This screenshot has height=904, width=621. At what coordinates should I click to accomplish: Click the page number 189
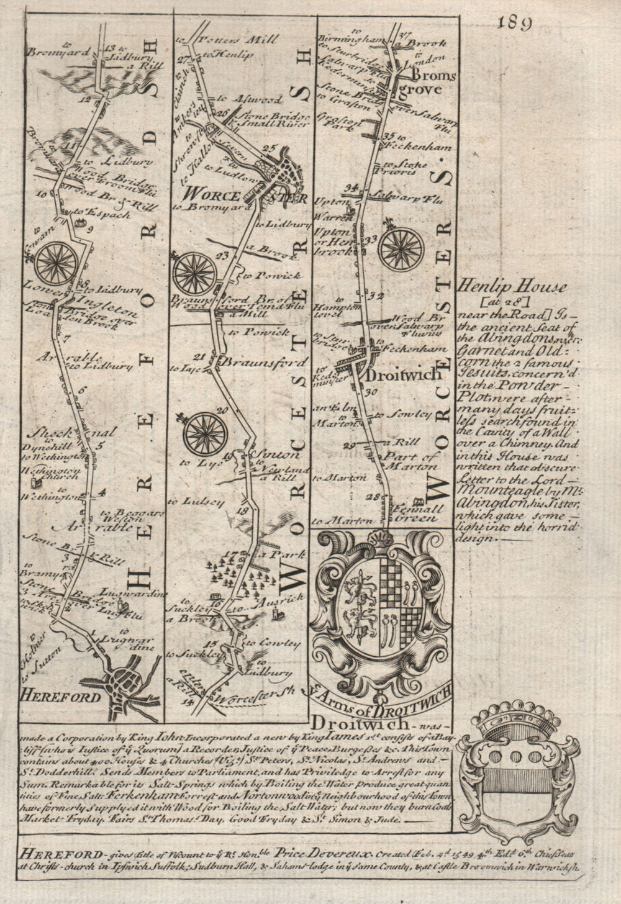(x=515, y=23)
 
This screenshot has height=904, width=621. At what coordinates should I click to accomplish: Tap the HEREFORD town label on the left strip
(x=60, y=697)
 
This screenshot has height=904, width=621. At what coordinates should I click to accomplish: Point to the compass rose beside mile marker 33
(x=402, y=247)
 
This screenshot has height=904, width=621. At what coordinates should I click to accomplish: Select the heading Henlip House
(x=512, y=287)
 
